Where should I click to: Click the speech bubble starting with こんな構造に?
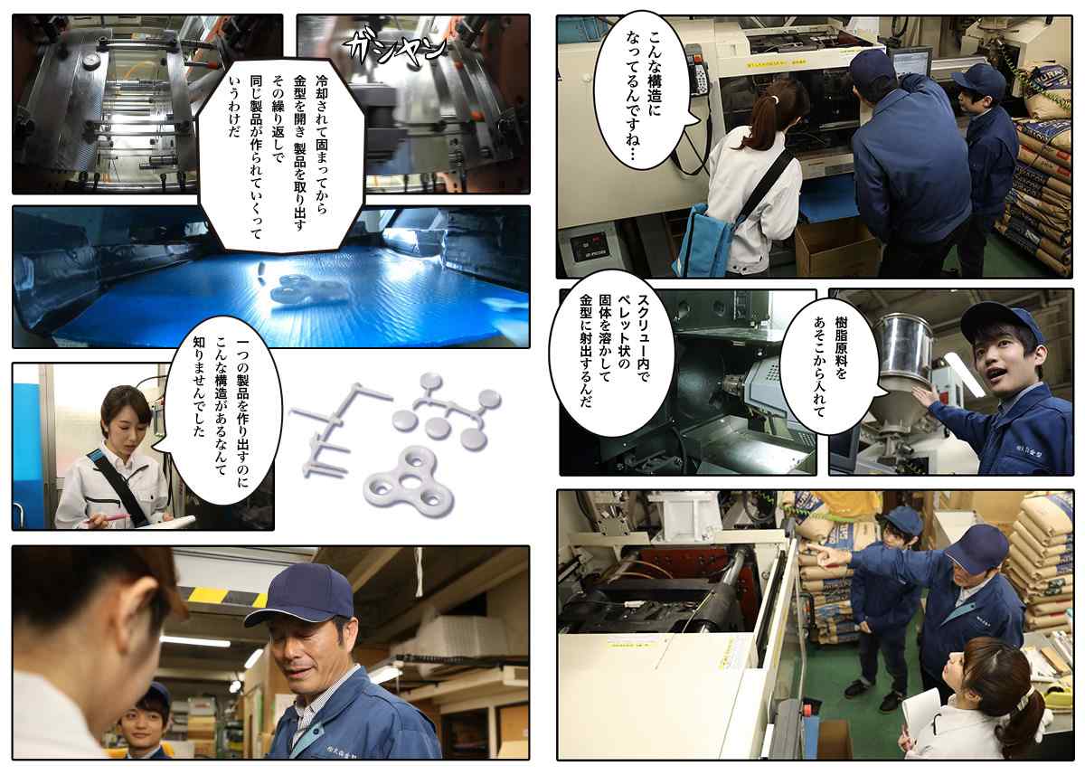coord(643,90)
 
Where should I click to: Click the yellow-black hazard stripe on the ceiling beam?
coord(227,595)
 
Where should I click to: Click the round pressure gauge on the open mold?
coord(91,61)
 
